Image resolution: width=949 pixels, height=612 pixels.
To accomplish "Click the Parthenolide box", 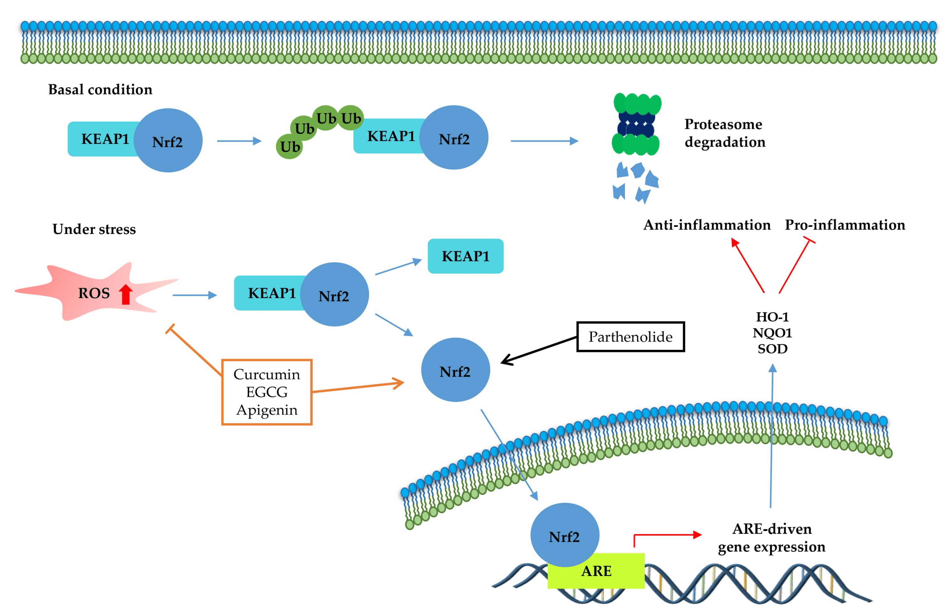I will (x=630, y=337).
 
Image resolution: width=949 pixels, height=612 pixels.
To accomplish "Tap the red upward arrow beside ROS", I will (x=125, y=295).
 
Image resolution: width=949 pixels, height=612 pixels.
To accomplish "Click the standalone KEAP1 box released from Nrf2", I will (x=465, y=256).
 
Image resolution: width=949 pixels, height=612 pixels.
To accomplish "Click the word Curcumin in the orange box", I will (x=267, y=374).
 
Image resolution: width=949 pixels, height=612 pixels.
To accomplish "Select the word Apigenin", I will (x=267, y=410).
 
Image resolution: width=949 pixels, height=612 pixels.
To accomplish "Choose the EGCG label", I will (x=267, y=392).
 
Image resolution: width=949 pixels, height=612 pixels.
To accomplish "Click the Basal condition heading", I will (x=100, y=90).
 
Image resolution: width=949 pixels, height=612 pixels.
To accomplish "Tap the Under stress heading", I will (x=94, y=229).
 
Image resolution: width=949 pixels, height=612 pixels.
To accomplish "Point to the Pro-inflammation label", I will (x=845, y=225).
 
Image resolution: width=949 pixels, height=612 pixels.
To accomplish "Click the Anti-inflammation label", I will (x=707, y=225).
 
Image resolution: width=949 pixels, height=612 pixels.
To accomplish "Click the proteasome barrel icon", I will (x=636, y=124).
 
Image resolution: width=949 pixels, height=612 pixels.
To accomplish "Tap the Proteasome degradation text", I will (x=724, y=133).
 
